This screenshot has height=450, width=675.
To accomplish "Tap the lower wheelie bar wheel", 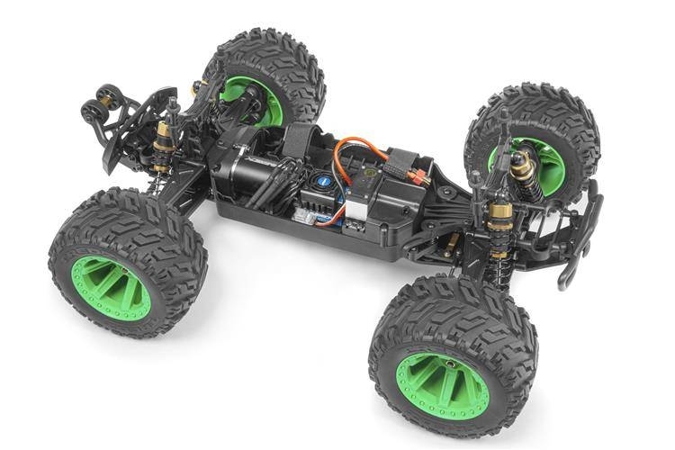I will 91,112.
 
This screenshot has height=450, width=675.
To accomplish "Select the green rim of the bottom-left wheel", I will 112,287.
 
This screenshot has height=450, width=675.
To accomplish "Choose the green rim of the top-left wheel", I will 260,100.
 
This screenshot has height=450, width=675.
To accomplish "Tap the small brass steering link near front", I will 450,242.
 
